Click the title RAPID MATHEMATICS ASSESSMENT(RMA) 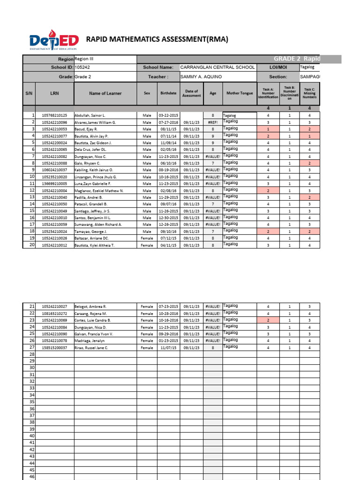point(157,39)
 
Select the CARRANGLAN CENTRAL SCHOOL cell point(217,67)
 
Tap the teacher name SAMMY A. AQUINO point(201,77)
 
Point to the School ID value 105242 point(82,67)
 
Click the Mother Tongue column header point(240,93)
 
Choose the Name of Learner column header point(105,93)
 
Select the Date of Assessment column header point(192,93)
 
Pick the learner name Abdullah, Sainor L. point(90,115)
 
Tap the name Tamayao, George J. point(91,232)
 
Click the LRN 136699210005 point(54,184)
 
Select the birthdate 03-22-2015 point(168,115)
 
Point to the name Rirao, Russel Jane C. point(91,348)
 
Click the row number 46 point(32,477)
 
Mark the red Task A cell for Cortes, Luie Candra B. point(268,320)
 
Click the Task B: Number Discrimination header point(290,93)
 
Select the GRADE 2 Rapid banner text point(307,59)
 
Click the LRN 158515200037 point(54,348)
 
